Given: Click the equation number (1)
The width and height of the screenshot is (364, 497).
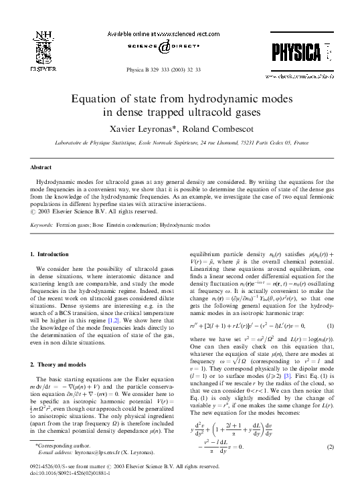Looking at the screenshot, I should (330, 325).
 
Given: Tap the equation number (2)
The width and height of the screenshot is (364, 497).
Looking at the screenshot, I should (330, 446).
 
